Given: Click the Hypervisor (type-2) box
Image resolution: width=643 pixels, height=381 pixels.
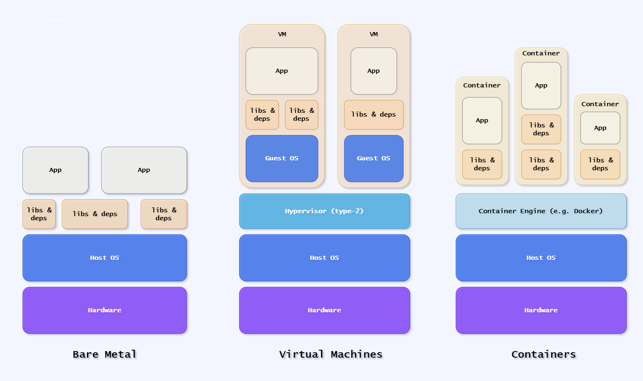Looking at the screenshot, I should click(324, 211).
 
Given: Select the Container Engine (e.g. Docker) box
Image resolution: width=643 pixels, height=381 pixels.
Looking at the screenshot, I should click(541, 211).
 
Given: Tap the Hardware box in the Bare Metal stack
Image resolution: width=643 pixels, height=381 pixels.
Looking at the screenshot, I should click(105, 310).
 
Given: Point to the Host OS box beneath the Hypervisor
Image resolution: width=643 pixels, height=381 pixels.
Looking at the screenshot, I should click(324, 258).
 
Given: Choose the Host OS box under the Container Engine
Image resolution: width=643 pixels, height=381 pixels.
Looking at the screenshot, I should click(541, 258).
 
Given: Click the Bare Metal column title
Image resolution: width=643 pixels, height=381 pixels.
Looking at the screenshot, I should click(105, 354).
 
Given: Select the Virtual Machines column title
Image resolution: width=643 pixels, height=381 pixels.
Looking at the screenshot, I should click(331, 354).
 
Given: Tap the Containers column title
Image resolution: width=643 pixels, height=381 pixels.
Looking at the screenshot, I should click(543, 354).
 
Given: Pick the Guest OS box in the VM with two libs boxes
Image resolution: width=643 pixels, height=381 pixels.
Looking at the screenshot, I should click(282, 158).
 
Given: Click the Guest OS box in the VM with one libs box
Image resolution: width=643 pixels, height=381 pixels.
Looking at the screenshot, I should click(374, 158).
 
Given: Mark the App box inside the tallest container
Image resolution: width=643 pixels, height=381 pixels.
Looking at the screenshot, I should click(541, 86).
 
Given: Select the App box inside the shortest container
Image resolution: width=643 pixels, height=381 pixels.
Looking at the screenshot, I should click(600, 128).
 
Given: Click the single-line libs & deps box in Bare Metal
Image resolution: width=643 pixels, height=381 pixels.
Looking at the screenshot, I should click(95, 214).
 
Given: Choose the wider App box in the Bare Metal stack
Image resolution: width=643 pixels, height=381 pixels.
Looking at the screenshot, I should click(144, 170).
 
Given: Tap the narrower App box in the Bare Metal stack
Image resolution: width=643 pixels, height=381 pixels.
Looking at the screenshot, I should click(55, 170).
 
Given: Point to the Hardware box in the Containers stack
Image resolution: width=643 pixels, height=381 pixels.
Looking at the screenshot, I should click(541, 310).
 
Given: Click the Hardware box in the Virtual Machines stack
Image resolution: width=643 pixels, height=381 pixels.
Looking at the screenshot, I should click(324, 310).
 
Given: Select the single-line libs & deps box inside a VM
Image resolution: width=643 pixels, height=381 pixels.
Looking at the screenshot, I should click(374, 115).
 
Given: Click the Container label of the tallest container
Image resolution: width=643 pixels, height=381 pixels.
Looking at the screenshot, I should click(541, 53).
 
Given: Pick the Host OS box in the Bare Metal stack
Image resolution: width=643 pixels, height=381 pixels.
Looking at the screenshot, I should click(105, 258).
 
